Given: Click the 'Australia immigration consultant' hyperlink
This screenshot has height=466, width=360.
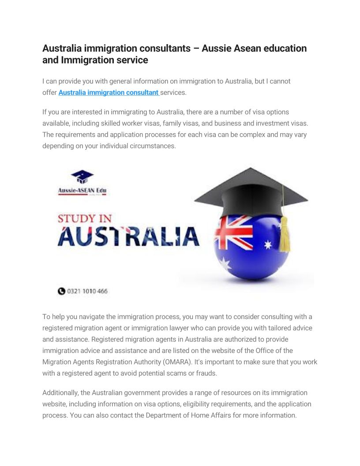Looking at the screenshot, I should tap(109, 93).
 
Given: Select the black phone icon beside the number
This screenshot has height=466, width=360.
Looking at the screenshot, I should tap(61, 291).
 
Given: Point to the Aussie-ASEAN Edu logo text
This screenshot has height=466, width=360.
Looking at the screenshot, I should tap(82, 191).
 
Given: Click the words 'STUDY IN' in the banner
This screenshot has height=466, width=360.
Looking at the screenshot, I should tap(85, 218).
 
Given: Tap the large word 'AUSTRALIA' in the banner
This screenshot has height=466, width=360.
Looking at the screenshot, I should tap(128, 236).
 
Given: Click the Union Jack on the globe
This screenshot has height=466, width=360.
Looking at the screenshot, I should tap(233, 232).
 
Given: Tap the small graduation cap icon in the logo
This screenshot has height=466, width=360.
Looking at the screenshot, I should tap(82, 177).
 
